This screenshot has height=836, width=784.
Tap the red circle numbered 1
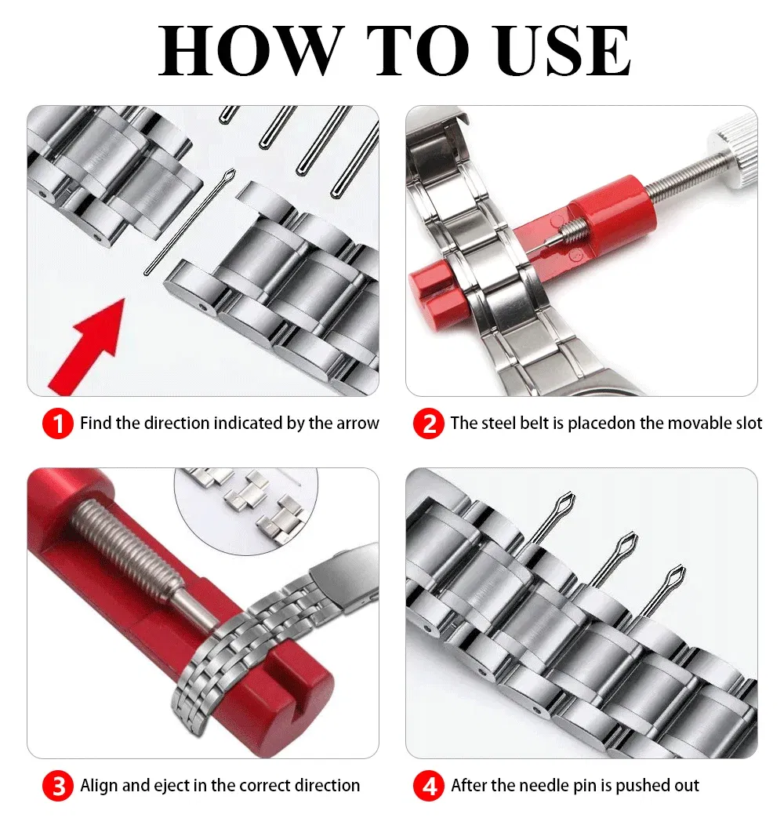(57, 424)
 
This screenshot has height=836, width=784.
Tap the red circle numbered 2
(428, 424)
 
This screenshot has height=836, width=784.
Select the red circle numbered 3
(57, 786)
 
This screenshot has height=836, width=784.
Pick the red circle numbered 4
(428, 786)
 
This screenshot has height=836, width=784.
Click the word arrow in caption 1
(358, 423)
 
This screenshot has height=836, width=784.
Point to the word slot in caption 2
(746, 423)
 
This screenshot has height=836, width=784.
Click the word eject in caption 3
(184, 785)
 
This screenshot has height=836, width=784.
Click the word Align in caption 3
(99, 785)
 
